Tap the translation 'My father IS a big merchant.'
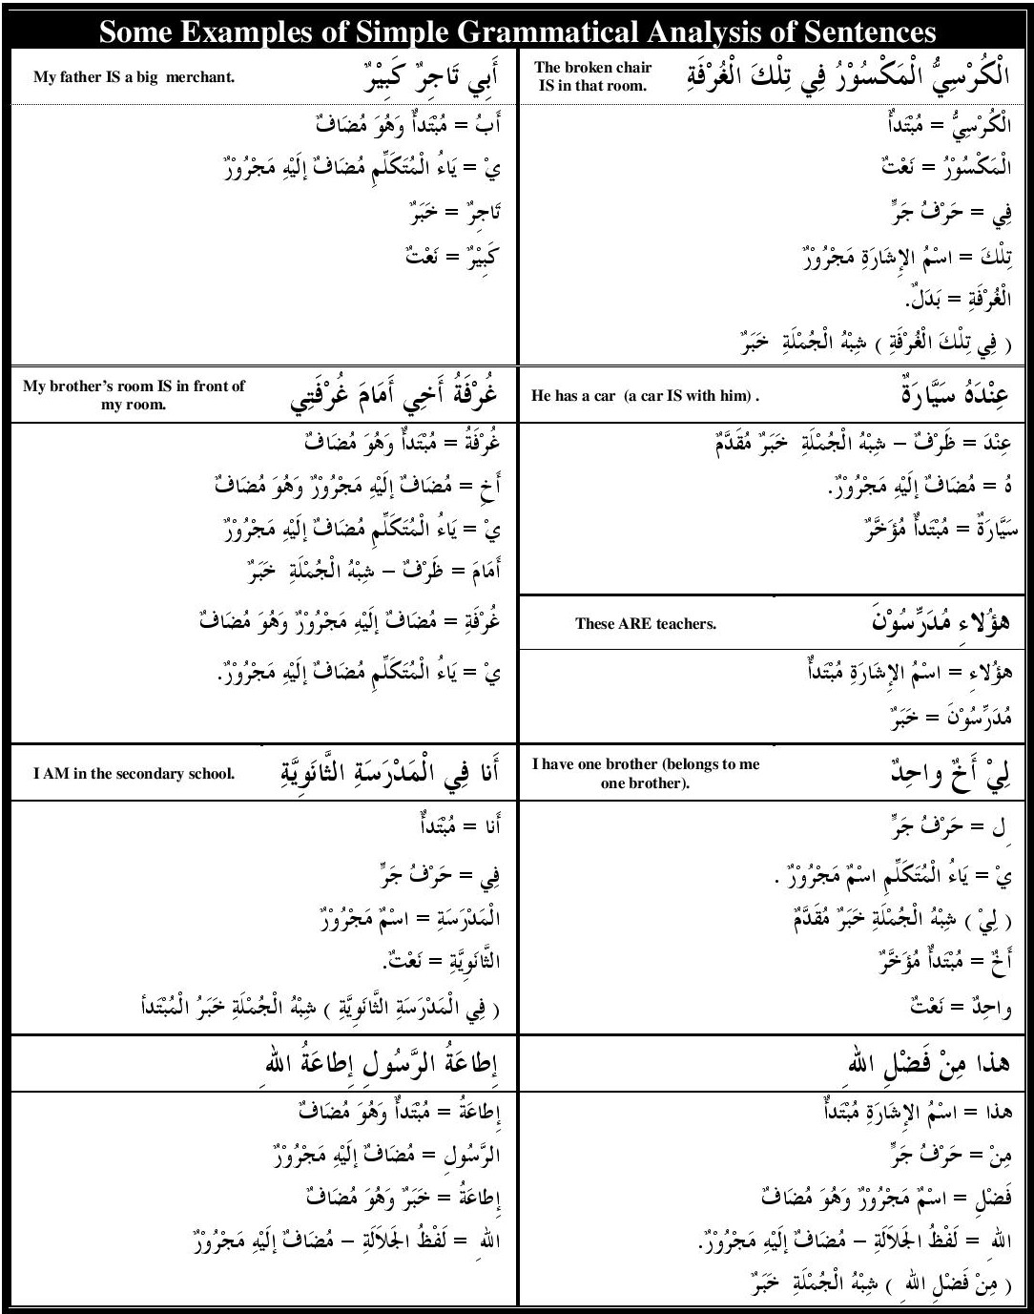pyautogui.click(x=134, y=77)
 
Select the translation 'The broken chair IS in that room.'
pyautogui.click(x=592, y=76)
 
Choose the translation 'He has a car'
pyautogui.click(x=645, y=395)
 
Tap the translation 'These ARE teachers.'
pyautogui.click(x=645, y=624)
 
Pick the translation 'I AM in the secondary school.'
pyautogui.click(x=134, y=774)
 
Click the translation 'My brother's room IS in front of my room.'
pyautogui.click(x=134, y=395)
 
